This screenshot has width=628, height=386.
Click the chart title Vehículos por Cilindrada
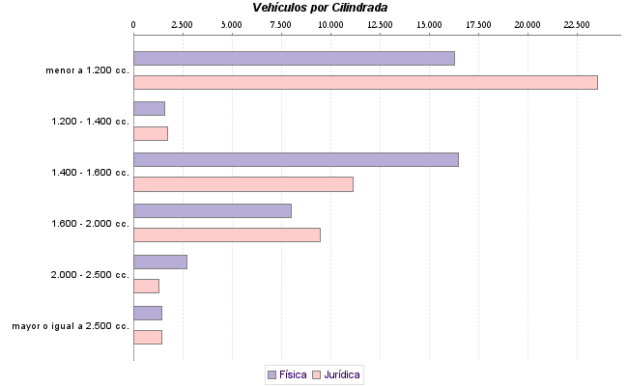coord(320,7)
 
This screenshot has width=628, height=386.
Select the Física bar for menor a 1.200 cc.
coord(294,58)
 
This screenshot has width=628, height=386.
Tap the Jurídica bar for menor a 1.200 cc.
coord(365,82)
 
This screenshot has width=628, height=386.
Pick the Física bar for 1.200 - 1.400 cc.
coord(149,109)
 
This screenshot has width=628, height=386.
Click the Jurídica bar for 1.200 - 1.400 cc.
coord(150,133)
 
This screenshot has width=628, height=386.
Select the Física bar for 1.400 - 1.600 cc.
coord(296,159)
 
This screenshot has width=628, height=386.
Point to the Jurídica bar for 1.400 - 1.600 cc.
coord(243,184)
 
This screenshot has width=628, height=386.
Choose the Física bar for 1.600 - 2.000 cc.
coord(212,210)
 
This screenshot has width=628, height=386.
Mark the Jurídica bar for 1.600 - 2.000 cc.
coord(226,234)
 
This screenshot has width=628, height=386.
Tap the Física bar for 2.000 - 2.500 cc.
coord(159,262)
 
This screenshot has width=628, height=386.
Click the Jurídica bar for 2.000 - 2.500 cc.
coord(146,286)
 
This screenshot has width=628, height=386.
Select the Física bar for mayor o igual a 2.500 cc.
coord(147,313)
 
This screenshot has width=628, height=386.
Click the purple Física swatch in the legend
coord(271,374)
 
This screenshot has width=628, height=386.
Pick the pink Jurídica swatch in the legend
coord(317,374)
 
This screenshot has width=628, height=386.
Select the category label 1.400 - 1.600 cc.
coord(90,173)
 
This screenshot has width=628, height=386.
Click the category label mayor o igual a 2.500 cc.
coord(71,326)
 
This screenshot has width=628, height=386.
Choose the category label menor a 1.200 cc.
coord(87,70)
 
